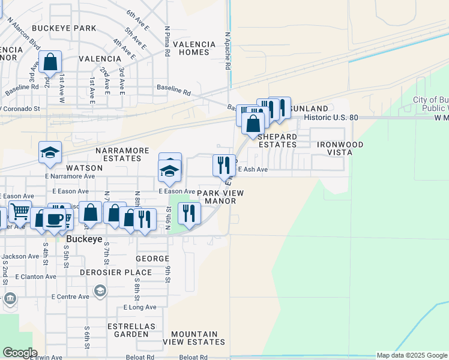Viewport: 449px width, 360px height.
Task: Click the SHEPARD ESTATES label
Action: (x=277, y=140)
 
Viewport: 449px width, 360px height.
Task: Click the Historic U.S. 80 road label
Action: (x=331, y=118)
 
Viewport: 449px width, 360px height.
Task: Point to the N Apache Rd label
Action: (x=228, y=51)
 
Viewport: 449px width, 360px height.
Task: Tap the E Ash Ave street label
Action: (x=253, y=170)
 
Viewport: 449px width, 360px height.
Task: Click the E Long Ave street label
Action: (x=140, y=307)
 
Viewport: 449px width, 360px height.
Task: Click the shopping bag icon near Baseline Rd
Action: (x=50, y=61)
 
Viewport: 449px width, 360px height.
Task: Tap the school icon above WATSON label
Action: (x=50, y=152)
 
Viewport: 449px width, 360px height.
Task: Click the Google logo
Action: (x=19, y=353)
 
